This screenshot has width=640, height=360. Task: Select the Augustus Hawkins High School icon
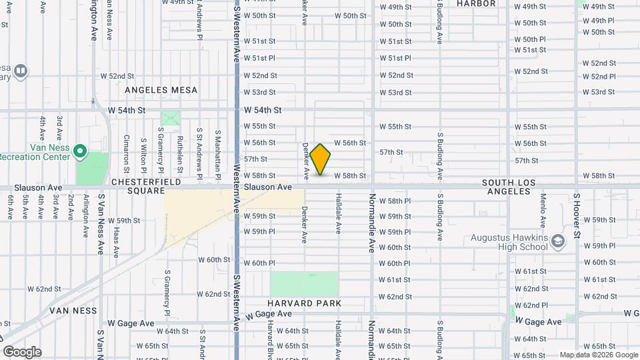(557, 239)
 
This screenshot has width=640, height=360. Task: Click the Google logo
(22, 352)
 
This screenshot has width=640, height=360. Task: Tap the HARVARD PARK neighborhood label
(306, 303)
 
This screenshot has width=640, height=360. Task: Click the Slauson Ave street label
(268, 187)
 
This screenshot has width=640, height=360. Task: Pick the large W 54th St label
(263, 109)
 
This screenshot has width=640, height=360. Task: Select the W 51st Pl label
(259, 58)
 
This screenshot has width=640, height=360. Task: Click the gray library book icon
(21, 70)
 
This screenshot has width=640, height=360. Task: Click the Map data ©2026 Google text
(597, 355)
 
